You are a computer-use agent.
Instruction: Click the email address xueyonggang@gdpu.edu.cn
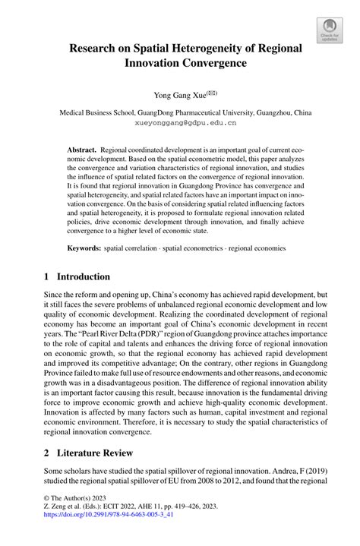(180, 121)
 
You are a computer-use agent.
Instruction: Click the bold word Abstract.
(81, 152)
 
